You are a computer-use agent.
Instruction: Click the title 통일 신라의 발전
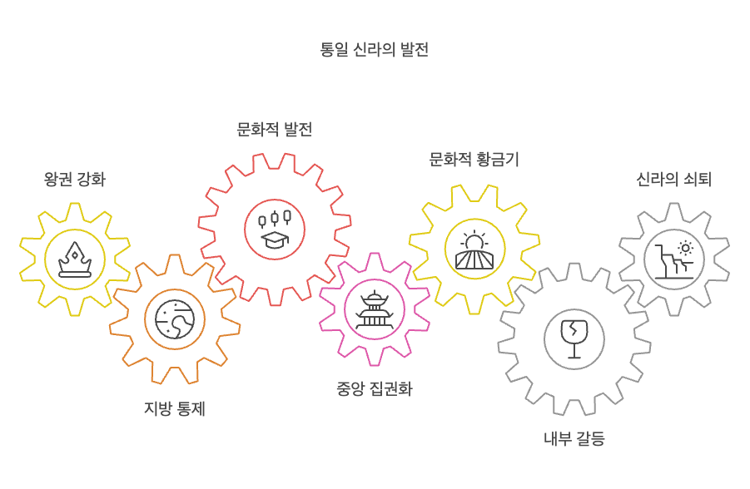coord(375,49)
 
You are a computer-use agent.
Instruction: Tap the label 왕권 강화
coord(75,179)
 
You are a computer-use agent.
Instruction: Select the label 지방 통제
coord(175,409)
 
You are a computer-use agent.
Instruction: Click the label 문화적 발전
coord(275,130)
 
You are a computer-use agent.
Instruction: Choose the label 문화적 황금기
coord(474,160)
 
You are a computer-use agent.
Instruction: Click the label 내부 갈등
coord(574,439)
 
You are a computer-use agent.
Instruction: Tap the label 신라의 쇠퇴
coord(674,179)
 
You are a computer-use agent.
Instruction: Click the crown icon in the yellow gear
coord(75,259)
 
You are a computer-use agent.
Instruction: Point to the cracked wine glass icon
coord(574,339)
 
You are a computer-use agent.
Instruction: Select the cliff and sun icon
coord(674,259)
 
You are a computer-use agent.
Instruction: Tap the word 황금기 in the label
coord(497,160)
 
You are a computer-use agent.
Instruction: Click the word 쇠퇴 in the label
coord(696,179)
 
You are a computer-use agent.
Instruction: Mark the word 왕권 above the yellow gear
coord(59,179)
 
